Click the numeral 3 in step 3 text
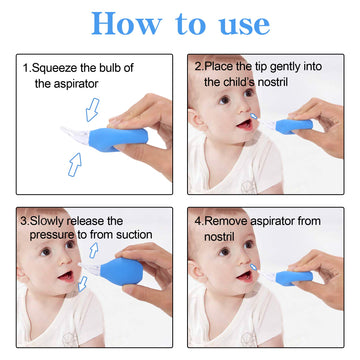click(23, 220)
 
